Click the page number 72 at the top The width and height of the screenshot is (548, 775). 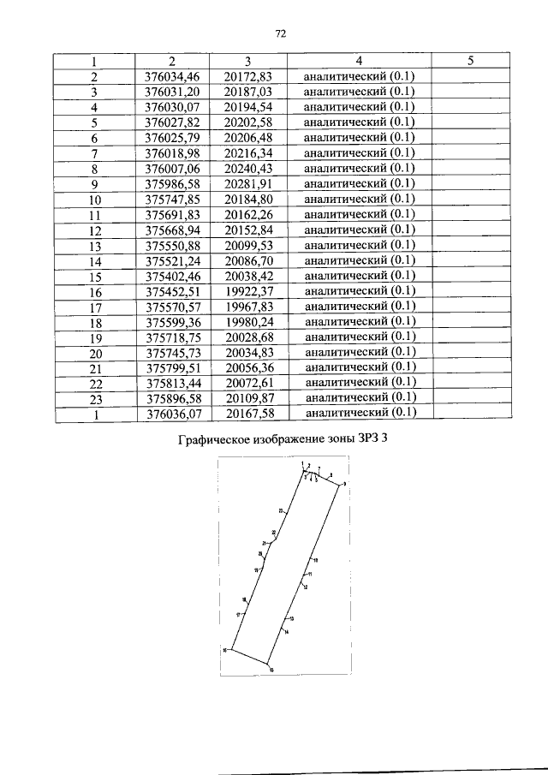click(x=279, y=34)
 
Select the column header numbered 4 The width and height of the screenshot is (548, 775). click(x=359, y=61)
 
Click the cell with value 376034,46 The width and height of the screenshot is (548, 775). click(x=172, y=76)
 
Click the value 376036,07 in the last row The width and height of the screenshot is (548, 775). click(x=172, y=413)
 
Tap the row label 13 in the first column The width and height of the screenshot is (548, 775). click(x=95, y=245)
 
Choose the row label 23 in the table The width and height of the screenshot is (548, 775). click(x=95, y=397)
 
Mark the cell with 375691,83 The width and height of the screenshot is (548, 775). click(x=172, y=214)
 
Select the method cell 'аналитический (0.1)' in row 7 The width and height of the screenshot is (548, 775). click(x=359, y=152)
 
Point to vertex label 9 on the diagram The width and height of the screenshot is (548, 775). click(x=344, y=485)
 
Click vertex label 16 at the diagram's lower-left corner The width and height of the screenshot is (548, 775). click(x=224, y=651)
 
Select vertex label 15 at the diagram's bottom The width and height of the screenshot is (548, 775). click(x=271, y=671)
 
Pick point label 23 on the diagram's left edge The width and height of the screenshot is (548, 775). click(x=280, y=511)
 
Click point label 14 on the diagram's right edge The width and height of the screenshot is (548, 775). click(x=286, y=632)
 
